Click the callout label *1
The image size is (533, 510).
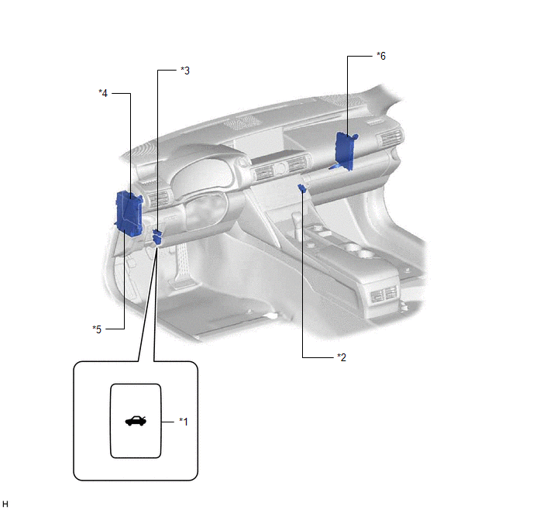coord(184,422)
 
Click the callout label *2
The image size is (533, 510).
coord(342,357)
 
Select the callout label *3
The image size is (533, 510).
coord(185,71)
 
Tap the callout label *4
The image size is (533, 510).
coord(103,93)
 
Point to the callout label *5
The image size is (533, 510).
coord(97,329)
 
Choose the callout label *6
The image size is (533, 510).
coord(381,56)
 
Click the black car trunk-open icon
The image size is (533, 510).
coord(136,421)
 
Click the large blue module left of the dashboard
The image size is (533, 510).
coord(129,213)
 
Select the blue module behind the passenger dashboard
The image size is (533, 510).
coord(344,151)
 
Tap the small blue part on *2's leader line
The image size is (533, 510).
coord(301,188)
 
